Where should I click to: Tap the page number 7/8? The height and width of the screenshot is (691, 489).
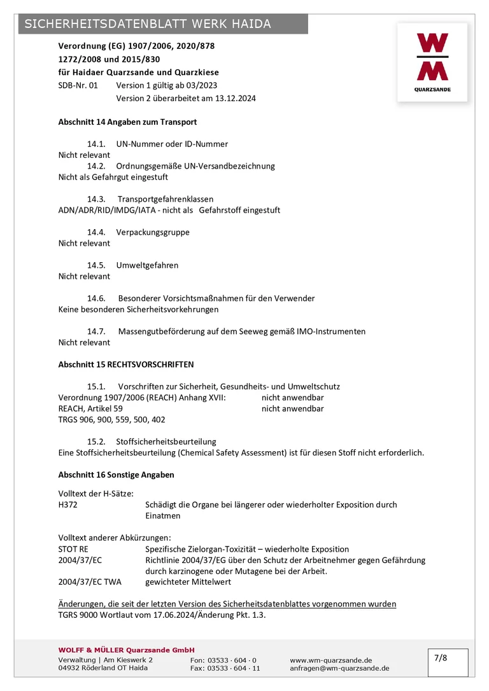441,658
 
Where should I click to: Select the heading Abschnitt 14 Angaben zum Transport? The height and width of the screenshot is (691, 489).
127,122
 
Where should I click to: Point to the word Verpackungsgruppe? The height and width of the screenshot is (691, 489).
153,232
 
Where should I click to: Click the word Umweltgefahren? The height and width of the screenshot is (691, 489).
147,265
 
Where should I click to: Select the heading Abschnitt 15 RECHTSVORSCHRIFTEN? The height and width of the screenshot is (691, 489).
126,365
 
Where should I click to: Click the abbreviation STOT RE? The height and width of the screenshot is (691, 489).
73,549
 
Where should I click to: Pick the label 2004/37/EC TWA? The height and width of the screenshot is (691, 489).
90,582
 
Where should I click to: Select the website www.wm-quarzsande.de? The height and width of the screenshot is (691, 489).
331,660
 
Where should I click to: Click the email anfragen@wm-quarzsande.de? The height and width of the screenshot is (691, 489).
339,668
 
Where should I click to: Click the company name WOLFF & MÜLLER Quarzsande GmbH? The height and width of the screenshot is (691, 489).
126,650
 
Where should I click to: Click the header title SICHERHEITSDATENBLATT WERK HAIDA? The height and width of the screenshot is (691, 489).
148,24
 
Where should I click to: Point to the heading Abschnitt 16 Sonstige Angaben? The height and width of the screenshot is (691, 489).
116,475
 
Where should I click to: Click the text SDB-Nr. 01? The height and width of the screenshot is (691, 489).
78,85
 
